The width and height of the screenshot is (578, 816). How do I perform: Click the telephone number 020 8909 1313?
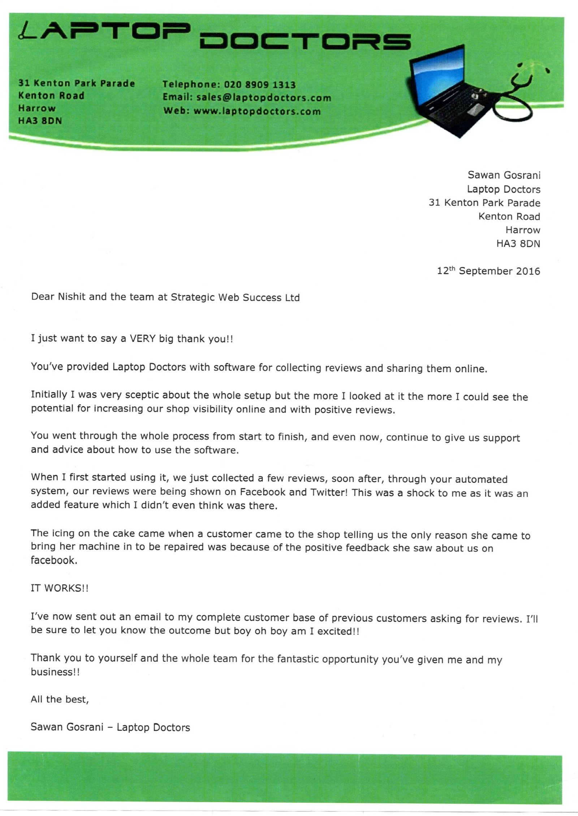pyautogui.click(x=260, y=85)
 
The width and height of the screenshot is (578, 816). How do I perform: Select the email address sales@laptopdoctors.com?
pyautogui.click(x=264, y=98)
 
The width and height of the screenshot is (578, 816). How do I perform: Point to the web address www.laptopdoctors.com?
pyautogui.click(x=257, y=111)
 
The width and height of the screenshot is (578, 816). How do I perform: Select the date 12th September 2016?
pyautogui.click(x=488, y=271)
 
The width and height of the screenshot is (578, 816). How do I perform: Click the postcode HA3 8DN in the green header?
pyautogui.click(x=40, y=121)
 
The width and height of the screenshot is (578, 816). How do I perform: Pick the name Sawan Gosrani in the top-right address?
pyautogui.click(x=504, y=175)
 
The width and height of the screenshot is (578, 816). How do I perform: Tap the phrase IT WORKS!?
pyautogui.click(x=60, y=588)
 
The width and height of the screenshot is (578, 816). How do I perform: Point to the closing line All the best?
pyautogui.click(x=60, y=699)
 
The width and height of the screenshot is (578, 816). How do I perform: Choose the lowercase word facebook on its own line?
pyautogui.click(x=54, y=560)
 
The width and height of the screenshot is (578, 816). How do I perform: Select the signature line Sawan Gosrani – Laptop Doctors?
pyautogui.click(x=110, y=727)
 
